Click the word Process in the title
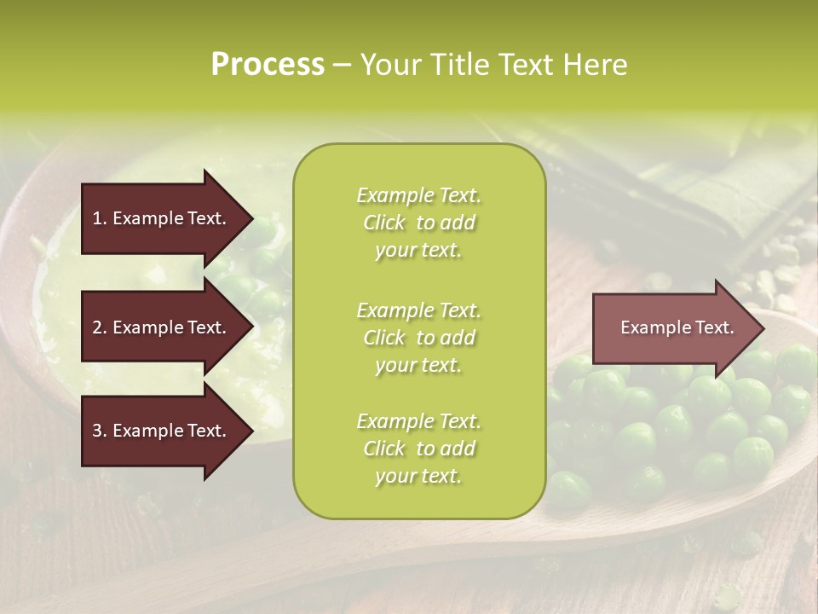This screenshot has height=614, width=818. pyautogui.click(x=268, y=65)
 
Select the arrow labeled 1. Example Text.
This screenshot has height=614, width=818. pyautogui.click(x=162, y=218)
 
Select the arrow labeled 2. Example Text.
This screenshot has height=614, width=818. pyautogui.click(x=162, y=327)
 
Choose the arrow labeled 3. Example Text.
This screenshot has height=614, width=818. pyautogui.click(x=162, y=431)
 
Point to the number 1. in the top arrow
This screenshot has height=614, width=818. pyautogui.click(x=99, y=218)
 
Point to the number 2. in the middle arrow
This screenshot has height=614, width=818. pyautogui.click(x=99, y=327)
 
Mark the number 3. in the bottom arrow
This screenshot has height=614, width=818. pyautogui.click(x=99, y=431)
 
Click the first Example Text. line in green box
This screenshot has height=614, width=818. pyautogui.click(x=418, y=195)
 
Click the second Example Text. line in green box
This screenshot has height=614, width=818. pyautogui.click(x=418, y=310)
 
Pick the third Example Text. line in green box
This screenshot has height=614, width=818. pyautogui.click(x=418, y=421)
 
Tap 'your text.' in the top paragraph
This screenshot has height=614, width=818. pyautogui.click(x=418, y=250)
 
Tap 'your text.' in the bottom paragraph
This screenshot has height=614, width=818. pyautogui.click(x=418, y=476)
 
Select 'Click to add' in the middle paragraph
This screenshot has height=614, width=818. pyautogui.click(x=418, y=338)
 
